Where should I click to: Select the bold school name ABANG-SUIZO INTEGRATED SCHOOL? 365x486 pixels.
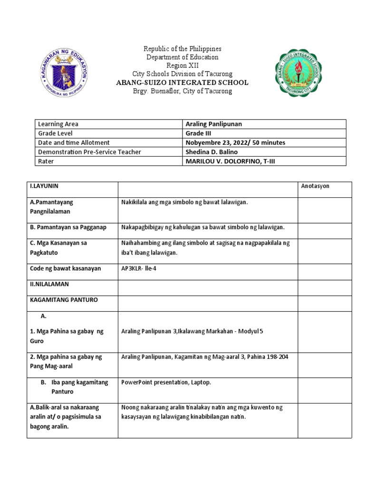(x=182, y=83)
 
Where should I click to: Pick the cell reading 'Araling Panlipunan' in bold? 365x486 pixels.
(x=213, y=124)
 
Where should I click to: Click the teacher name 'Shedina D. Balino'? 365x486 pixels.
(x=211, y=152)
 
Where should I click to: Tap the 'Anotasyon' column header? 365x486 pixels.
(x=315, y=187)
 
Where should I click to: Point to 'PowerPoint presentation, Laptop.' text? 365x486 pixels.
(x=166, y=382)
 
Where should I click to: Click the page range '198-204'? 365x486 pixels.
(x=277, y=357)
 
